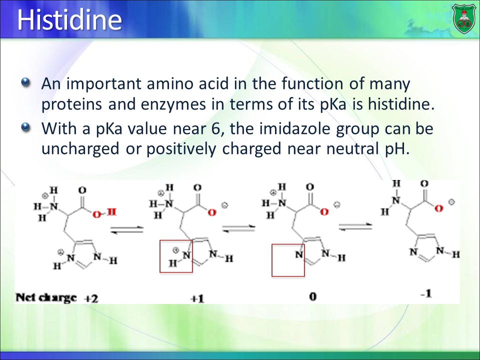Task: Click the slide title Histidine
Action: [x=69, y=19]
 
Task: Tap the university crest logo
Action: [x=464, y=19]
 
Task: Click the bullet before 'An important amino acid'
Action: [x=26, y=82]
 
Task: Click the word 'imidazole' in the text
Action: [x=295, y=128]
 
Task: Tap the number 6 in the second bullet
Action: [x=216, y=128]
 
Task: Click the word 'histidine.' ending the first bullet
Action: [x=401, y=104]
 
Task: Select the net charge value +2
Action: [x=91, y=298]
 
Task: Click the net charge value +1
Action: [x=197, y=298]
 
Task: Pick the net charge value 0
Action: [x=312, y=296]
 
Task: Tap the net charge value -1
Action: [x=426, y=293]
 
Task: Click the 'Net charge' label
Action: [x=46, y=297]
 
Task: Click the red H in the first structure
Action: [x=112, y=212]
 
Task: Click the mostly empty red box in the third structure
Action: [x=288, y=244]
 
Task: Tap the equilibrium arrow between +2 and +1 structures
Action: [x=126, y=229]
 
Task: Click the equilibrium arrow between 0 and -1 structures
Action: [x=355, y=226]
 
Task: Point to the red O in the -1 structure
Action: [x=438, y=209]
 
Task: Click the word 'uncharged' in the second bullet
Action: [x=80, y=149]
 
